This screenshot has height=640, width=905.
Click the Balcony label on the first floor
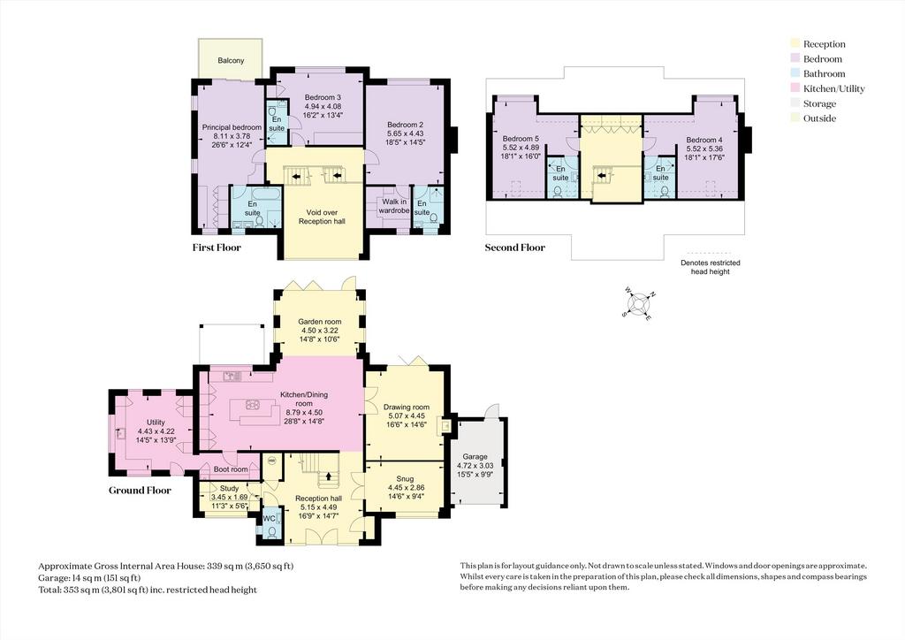pyautogui.click(x=231, y=61)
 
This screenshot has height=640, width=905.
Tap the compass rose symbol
pyautogui.click(x=639, y=303)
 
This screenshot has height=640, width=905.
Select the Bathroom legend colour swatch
pyautogui.click(x=795, y=74)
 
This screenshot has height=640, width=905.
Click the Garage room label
pyautogui.click(x=475, y=456)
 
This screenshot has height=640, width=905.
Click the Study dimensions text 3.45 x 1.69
pyautogui.click(x=229, y=497)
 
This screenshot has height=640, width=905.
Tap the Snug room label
pyautogui.click(x=405, y=478)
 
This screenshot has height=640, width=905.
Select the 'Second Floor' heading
pyautogui.click(x=515, y=248)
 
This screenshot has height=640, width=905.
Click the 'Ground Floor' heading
pyautogui.click(x=141, y=491)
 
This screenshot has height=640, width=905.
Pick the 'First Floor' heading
pyautogui.click(x=217, y=248)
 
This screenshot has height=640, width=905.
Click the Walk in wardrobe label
pyautogui.click(x=394, y=206)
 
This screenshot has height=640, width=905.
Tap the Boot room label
pyautogui.click(x=231, y=469)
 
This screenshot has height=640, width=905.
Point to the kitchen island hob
pyautogui.click(x=253, y=405)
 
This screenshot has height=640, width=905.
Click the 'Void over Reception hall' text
pyautogui.click(x=322, y=217)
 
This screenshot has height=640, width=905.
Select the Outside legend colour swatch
pyautogui.click(x=795, y=118)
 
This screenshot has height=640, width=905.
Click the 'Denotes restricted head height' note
pyautogui.click(x=710, y=267)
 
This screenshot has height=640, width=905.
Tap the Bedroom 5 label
pyautogui.click(x=521, y=139)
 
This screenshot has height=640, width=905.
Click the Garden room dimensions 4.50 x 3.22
pyautogui.click(x=320, y=331)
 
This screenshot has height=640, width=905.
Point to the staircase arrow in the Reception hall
pyautogui.click(x=330, y=476)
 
